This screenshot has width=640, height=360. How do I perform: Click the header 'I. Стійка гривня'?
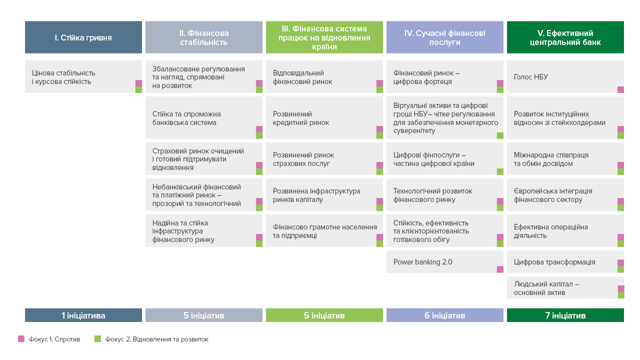point(83,37)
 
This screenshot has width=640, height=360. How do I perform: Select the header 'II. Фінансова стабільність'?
point(204,37)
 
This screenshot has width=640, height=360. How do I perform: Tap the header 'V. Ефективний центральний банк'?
point(565,37)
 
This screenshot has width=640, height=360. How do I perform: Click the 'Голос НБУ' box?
point(565,76)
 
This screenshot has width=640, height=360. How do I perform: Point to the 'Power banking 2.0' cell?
point(445,261)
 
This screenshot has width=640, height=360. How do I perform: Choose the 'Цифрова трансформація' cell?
point(565,261)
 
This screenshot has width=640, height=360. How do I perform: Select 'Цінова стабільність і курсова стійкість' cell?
point(83,76)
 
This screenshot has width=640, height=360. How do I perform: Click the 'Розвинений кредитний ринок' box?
point(324,117)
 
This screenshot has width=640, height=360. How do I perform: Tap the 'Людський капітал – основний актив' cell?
point(565,287)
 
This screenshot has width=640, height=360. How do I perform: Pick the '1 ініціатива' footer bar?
point(83,315)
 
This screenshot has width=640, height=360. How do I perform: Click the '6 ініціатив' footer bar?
point(445,315)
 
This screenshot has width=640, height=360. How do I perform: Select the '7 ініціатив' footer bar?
point(565,315)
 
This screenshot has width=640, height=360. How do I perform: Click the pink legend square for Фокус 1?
point(21,339)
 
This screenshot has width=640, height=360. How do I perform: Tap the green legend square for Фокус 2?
point(97,339)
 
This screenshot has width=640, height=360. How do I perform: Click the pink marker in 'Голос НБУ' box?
point(620,89)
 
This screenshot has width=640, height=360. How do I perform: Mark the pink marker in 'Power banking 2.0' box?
point(500,269)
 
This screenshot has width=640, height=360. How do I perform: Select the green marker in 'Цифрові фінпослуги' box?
point(500,171)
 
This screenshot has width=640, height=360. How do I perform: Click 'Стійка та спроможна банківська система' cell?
point(204,117)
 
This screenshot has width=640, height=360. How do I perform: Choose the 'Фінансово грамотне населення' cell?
point(324,230)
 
